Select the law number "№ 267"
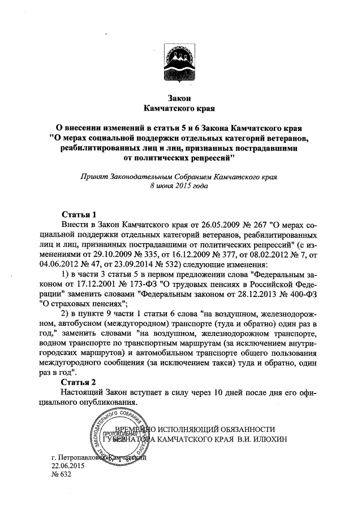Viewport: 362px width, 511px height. pos(242,225)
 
